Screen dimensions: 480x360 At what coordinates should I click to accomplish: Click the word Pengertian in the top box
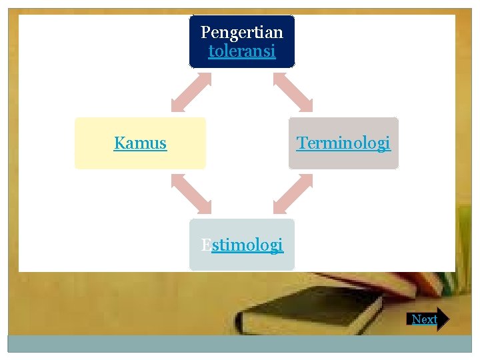tap(241, 32)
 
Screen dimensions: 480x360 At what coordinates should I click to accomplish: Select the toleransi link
tap(241, 51)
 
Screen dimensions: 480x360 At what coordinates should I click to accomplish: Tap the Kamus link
tap(140, 143)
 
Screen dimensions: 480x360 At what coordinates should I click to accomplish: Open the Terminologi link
tap(343, 143)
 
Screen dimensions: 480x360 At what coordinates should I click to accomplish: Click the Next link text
tap(424, 319)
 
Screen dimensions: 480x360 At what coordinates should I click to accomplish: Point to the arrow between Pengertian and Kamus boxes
tap(191, 92)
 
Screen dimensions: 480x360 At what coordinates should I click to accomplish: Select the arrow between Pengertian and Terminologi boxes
tap(293, 92)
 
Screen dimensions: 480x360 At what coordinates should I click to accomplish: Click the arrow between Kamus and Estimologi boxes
tap(191, 194)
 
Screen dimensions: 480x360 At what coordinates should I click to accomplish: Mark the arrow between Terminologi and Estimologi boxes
tap(293, 194)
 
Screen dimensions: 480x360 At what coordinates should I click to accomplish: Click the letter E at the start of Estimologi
tap(206, 245)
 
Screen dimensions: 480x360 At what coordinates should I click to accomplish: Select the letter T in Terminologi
tap(301, 143)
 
